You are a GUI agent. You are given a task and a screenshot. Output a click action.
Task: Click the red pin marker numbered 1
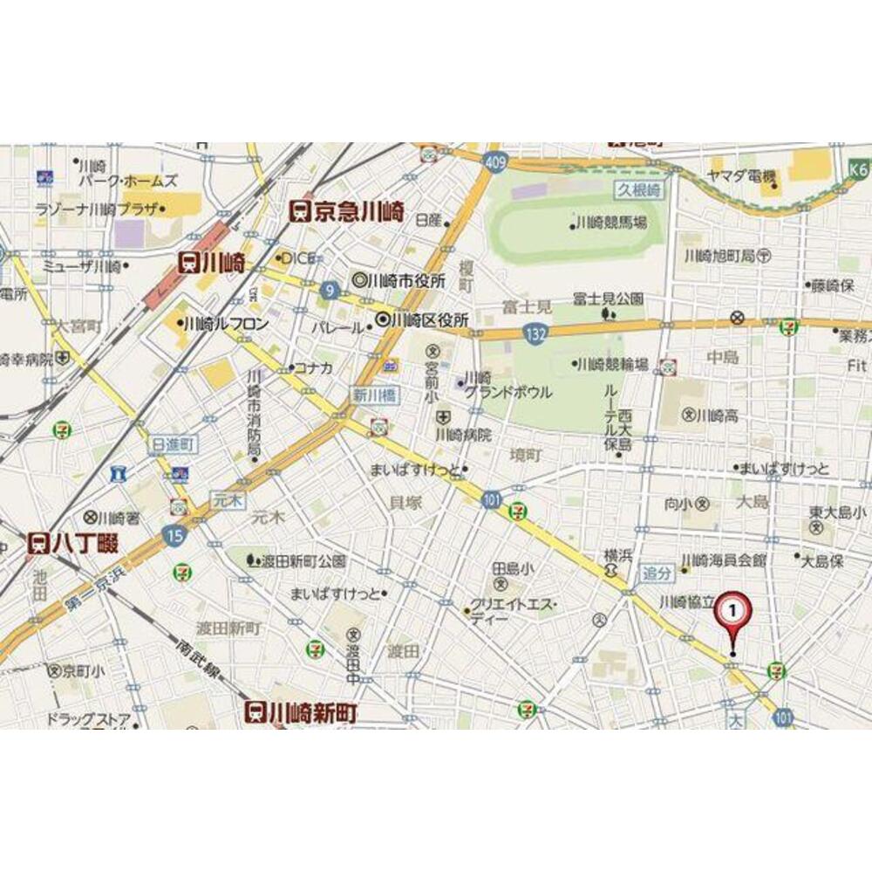coord(732,612)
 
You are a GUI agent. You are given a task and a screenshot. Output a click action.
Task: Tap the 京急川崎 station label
coord(346,210)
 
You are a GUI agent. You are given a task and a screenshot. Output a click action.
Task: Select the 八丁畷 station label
coord(73,543)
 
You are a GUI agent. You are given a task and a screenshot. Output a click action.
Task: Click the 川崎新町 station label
coord(300,711)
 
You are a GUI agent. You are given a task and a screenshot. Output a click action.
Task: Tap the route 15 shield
coord(174,536)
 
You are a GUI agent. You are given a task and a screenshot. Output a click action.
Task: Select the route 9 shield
coord(329,291)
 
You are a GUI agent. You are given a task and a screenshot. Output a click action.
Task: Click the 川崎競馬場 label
coord(610,224)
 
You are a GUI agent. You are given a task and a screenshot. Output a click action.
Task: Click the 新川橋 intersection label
coord(374,395)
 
